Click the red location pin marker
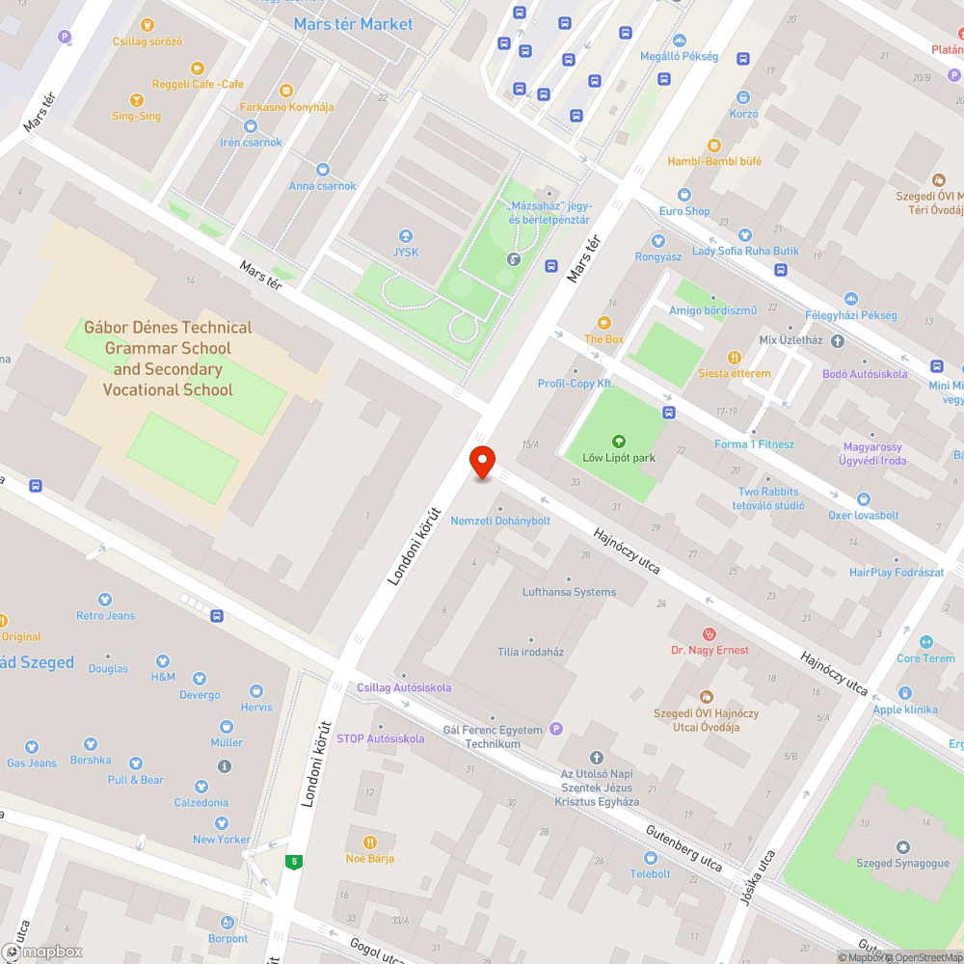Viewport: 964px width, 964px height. tap(481, 463)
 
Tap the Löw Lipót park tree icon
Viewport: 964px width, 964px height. tap(619, 442)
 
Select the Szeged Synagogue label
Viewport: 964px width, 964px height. tap(902, 863)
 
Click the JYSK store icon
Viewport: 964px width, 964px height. tap(405, 236)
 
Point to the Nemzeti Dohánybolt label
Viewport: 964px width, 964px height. tap(500, 521)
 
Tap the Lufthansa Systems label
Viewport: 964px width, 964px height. tap(569, 592)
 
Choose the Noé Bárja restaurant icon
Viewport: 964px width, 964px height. tap(370, 842)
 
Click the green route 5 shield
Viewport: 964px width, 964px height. tap(292, 861)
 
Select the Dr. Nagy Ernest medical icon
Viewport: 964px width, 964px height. tap(710, 633)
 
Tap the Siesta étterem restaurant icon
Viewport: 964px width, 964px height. tap(734, 357)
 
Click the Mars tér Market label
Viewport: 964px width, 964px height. tap(353, 24)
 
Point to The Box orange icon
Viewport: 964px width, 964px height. tap(604, 323)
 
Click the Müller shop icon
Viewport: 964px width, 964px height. tap(227, 726)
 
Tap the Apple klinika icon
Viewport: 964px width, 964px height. tap(904, 693)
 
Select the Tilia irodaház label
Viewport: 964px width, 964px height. tap(530, 652)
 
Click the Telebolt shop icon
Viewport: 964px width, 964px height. tap(651, 857)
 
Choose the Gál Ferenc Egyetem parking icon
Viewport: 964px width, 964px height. tap(554, 729)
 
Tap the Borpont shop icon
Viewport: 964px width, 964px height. tap(228, 923)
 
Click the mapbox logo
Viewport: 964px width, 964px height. tap(42, 951)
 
